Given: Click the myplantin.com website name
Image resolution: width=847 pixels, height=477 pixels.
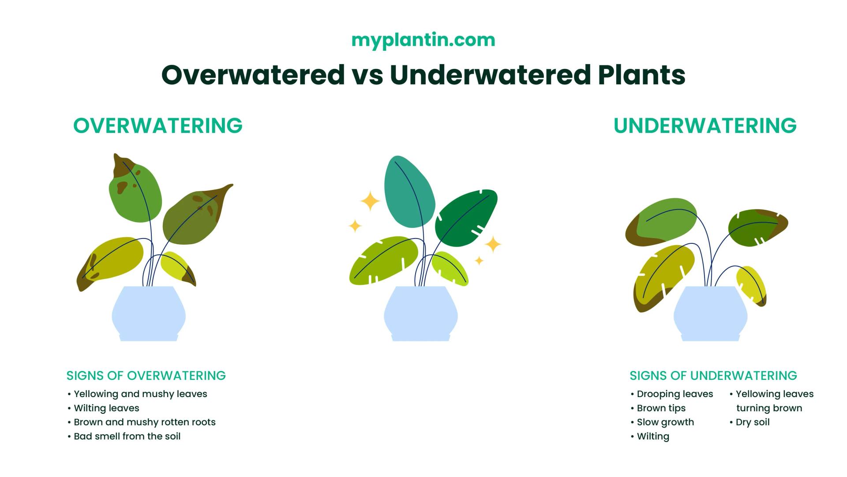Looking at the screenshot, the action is click(423, 40).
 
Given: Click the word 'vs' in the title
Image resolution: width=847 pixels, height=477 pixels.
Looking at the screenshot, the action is click(367, 75).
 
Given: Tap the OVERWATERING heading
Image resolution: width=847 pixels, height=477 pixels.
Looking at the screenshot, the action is click(158, 125).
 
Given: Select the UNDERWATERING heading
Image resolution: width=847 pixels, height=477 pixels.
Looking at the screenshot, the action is click(705, 125).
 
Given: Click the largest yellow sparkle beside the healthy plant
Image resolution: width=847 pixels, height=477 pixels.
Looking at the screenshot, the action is click(370, 201).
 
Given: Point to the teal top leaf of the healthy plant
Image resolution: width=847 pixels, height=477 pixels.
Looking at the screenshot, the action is click(409, 192).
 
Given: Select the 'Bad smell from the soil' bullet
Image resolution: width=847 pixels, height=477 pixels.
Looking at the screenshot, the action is click(124, 436).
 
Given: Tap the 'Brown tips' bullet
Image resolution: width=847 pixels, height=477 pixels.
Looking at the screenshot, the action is click(658, 408).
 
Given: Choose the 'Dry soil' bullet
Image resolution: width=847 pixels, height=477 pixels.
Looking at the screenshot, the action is click(750, 422).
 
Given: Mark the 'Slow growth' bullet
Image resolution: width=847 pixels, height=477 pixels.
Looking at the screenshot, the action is click(662, 422).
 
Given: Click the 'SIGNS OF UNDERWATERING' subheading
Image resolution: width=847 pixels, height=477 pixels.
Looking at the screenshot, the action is click(713, 375).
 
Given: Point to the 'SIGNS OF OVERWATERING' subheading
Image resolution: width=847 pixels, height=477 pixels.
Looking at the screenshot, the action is click(146, 375).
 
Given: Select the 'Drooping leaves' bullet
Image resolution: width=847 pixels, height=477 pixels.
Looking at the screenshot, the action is click(672, 394).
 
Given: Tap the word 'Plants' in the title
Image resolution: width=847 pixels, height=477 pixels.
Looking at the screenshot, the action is click(641, 75).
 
